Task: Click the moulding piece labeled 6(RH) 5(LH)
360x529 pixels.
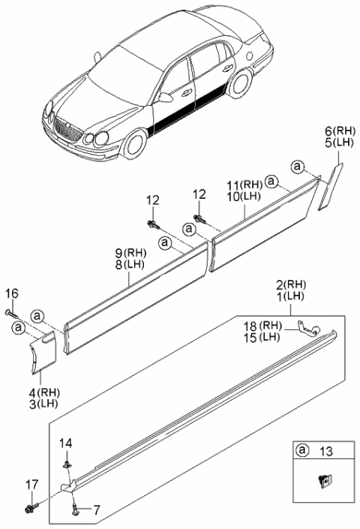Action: point(329,185)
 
